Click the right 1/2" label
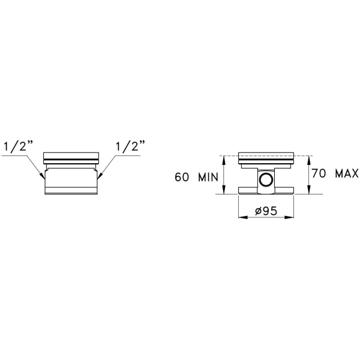point(130,146)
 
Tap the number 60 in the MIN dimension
point(182,177)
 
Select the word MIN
point(208,177)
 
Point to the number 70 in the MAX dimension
point(319,173)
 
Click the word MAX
point(347,173)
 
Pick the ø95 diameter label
point(266,211)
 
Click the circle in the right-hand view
point(266,179)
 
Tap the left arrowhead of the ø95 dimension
point(243,217)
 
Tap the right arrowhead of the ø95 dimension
point(289,217)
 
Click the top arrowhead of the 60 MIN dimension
point(224,160)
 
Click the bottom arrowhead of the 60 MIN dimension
point(224,189)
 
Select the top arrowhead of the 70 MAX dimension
point(309,160)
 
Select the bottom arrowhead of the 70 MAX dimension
point(309,189)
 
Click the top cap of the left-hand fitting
point(71,155)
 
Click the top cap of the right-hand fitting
point(266,155)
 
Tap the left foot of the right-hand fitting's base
point(248,190)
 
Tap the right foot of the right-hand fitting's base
point(284,190)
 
